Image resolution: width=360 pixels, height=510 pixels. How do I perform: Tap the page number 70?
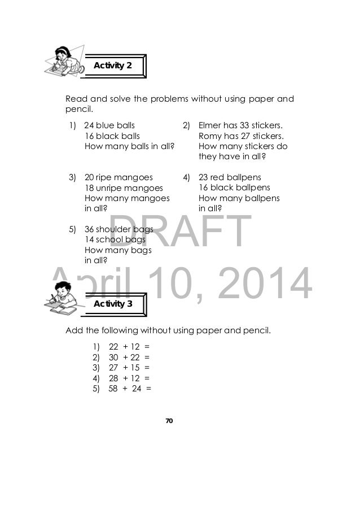click(x=169, y=421)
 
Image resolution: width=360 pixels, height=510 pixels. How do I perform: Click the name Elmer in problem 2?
click(x=210, y=125)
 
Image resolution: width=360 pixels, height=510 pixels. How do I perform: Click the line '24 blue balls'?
click(x=109, y=125)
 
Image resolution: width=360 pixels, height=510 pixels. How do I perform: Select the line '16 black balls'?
click(x=112, y=136)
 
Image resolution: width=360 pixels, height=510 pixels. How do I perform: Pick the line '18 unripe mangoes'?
click(x=124, y=188)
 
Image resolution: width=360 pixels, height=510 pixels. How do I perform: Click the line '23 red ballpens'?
click(x=230, y=177)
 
